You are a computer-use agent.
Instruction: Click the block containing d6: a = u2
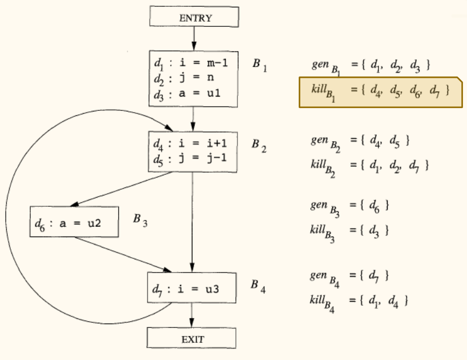pos(74,222)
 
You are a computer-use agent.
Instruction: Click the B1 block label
pos(259,65)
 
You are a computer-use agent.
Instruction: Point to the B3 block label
pos(140,221)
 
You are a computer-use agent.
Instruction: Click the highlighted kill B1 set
pos(379,91)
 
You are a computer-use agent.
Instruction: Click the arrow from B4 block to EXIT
pos(192,316)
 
